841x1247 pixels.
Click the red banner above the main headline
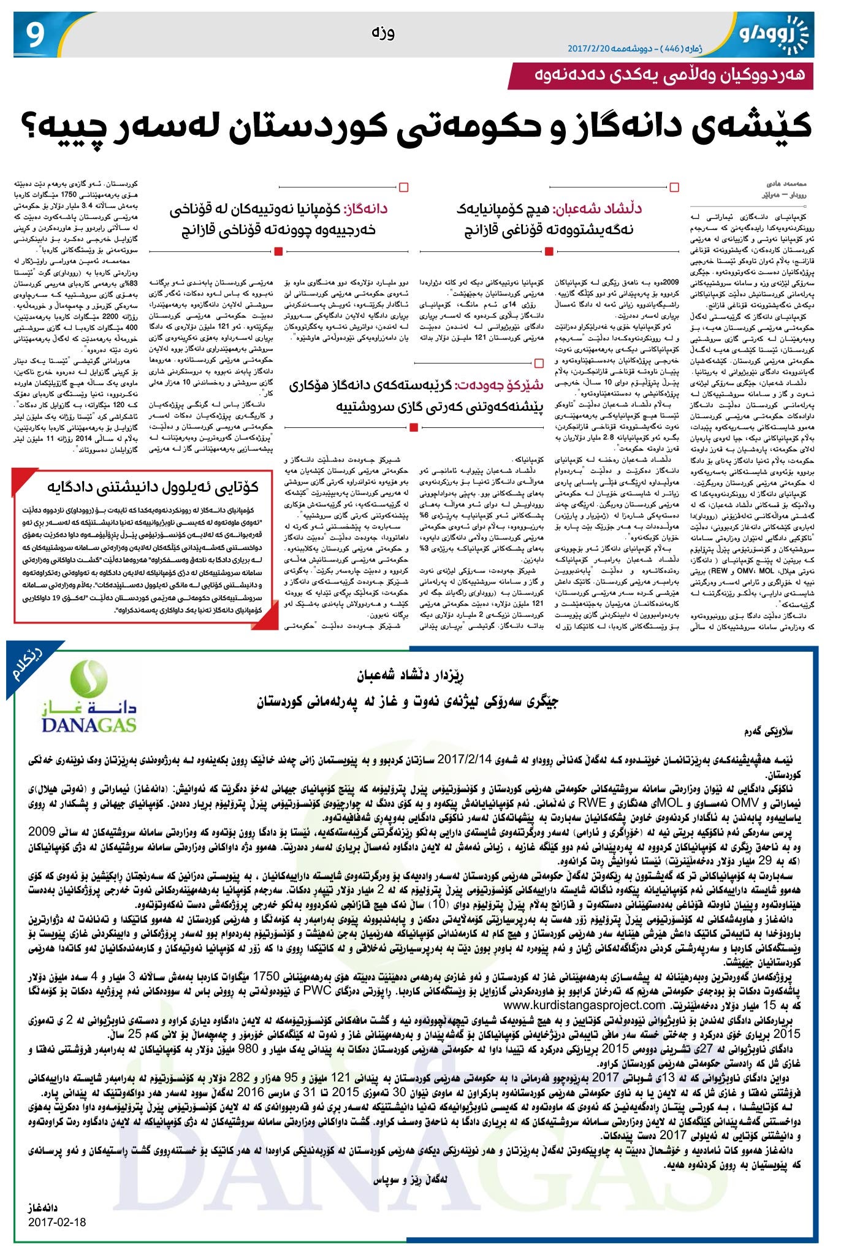[662, 75]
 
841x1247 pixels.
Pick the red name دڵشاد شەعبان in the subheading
[598, 208]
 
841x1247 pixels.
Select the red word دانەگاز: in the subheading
[367, 208]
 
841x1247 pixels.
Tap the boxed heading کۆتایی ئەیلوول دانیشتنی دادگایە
[153, 487]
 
